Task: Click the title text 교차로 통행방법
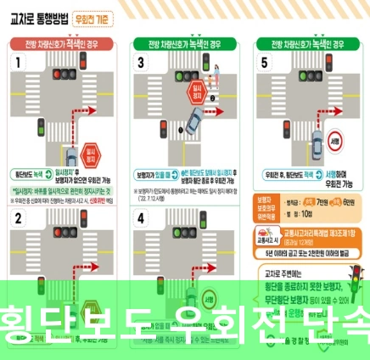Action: (40, 17)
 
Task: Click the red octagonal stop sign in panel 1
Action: (92, 155)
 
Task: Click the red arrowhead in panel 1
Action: (104, 109)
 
